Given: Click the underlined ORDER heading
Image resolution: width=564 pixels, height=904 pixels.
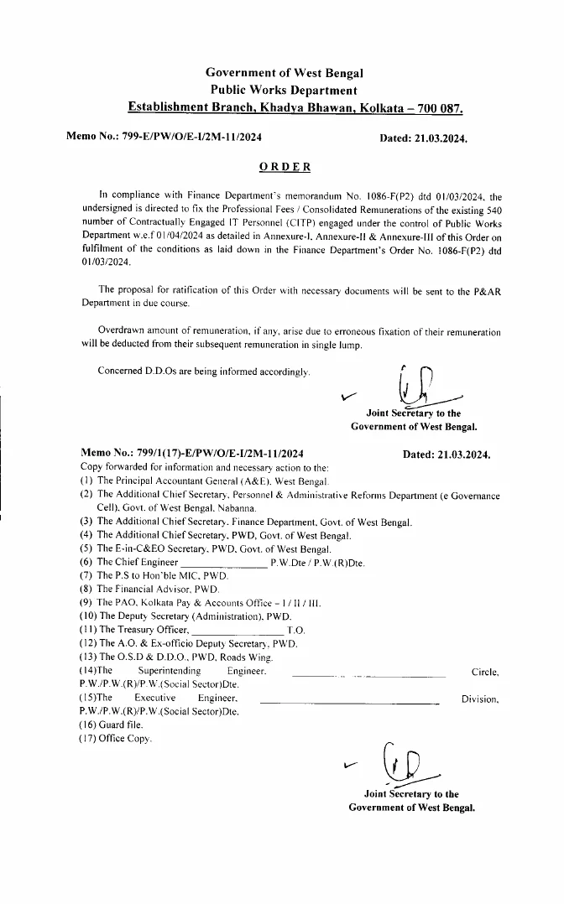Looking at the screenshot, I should coord(285,166).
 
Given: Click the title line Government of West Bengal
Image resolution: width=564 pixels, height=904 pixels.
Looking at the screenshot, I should coord(285,75).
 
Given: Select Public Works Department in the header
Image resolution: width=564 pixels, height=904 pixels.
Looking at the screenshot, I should coord(285,91).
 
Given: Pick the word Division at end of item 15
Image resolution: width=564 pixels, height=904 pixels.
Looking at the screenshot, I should coord(480,699).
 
